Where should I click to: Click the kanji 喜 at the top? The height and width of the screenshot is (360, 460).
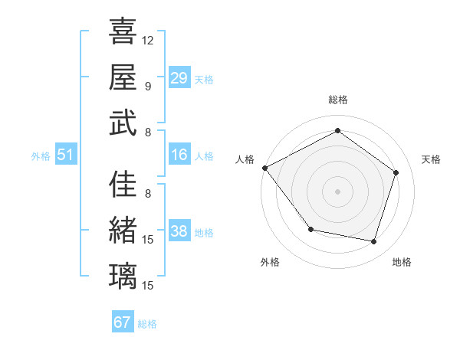pos(123,31)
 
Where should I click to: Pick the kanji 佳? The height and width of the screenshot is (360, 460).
pos(123,185)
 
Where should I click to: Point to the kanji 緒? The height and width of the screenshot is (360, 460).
pos(123,230)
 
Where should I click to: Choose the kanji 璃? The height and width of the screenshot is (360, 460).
pos(123,275)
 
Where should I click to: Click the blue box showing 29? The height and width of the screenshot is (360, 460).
pos(179,78)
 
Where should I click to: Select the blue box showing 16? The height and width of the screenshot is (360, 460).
pos(179,155)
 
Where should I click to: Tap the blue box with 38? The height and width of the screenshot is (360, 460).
pos(179,231)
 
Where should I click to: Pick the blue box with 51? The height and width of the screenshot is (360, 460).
pos(66,155)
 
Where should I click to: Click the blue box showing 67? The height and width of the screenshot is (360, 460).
pos(123,322)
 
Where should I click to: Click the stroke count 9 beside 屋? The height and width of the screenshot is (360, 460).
pos(147,86)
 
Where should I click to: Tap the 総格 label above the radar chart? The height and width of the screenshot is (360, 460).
pos(337,100)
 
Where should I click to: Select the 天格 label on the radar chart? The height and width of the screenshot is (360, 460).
pos(432,159)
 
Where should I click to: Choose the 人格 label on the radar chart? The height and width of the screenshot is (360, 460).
pos(245,159)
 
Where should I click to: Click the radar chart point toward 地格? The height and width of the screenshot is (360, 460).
pos(373,242)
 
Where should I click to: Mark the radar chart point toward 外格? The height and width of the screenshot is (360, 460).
pos(310,229)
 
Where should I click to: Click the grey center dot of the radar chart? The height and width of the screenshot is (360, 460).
pos(337,191)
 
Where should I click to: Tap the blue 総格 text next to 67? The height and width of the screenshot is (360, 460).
pos(147,324)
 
